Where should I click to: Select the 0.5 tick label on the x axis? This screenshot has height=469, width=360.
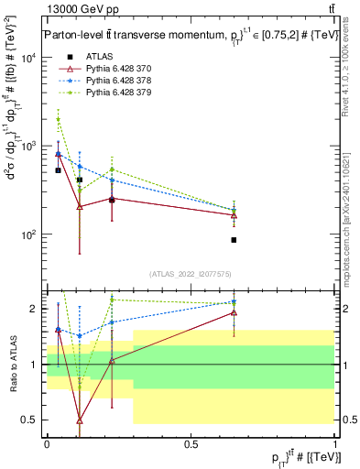[x=191, y=443]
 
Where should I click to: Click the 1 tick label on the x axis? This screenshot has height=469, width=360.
[x=335, y=443]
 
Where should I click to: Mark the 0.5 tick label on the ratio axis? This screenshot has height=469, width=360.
[x=30, y=420]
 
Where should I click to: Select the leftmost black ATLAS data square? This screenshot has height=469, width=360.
[x=58, y=170]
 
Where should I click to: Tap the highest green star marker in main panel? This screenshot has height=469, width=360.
[x=58, y=119]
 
